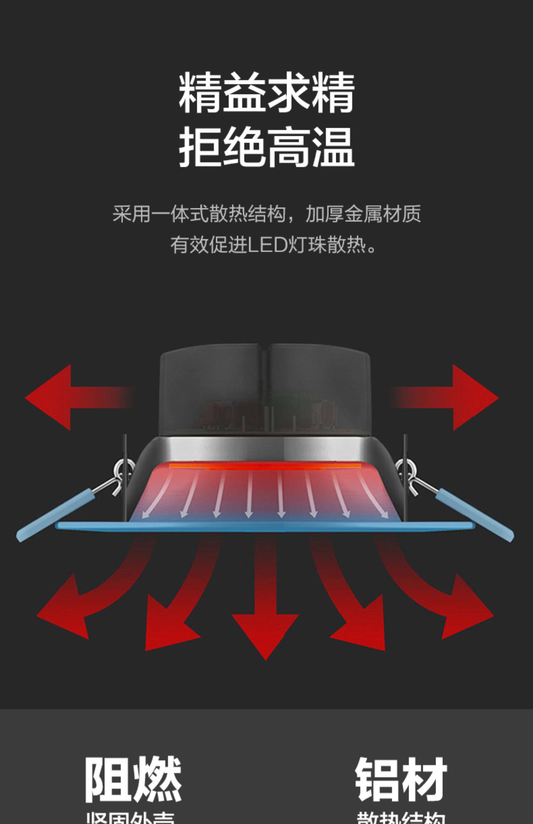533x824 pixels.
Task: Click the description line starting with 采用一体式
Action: click(266, 214)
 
